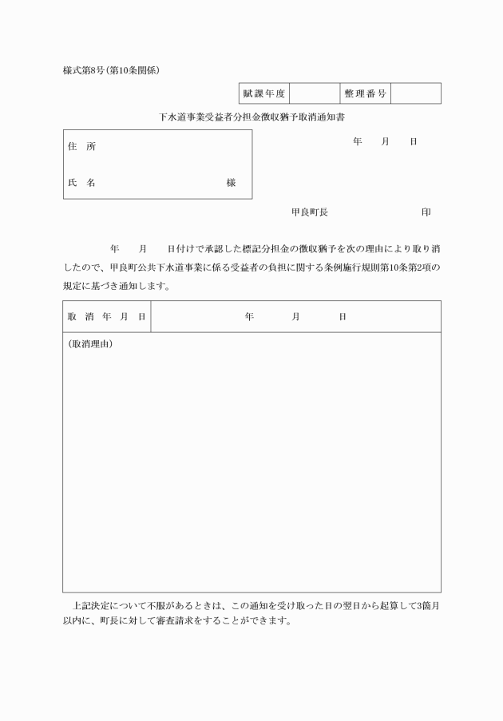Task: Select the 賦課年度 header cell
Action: point(263,93)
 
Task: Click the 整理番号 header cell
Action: point(365,93)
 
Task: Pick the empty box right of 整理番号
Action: point(415,93)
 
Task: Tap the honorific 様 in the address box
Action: point(231,183)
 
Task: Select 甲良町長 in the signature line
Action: point(309,212)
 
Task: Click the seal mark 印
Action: point(426,212)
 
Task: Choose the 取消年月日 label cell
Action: point(106,317)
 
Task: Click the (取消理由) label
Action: point(89,344)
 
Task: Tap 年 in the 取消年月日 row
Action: point(249,317)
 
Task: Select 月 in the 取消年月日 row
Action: point(295,317)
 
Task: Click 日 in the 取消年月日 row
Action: point(343,317)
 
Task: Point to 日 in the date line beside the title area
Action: point(414,141)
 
